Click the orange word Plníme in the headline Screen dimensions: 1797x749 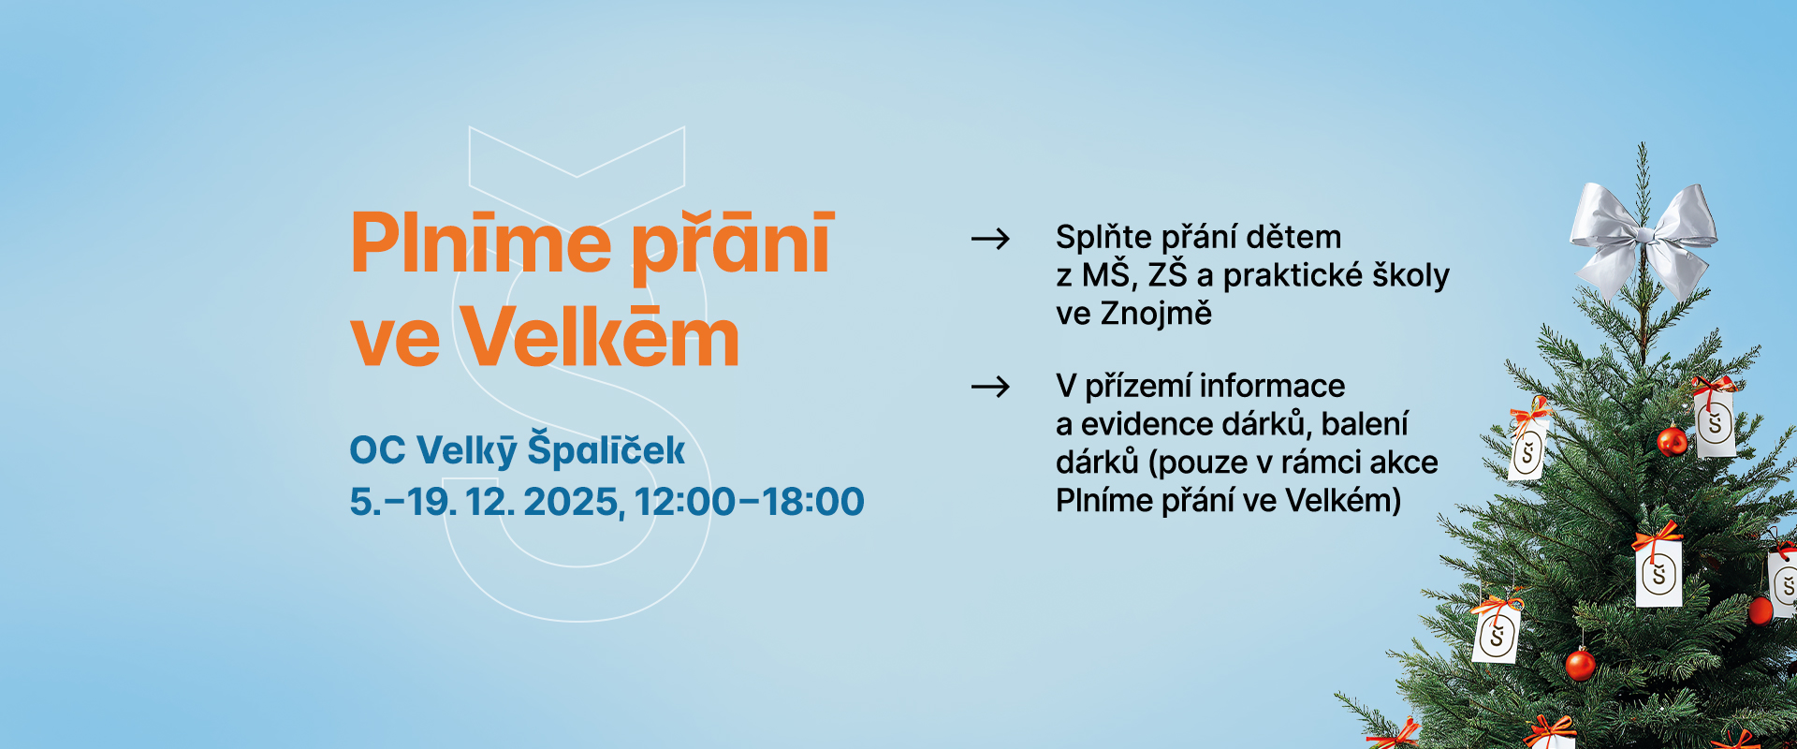click(x=481, y=243)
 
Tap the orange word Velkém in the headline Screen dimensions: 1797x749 click(x=601, y=337)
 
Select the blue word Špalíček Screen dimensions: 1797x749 click(x=606, y=449)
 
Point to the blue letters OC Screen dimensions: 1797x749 click(x=377, y=450)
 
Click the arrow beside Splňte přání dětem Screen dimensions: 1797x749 click(x=990, y=240)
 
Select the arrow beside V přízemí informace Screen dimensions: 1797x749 click(x=990, y=387)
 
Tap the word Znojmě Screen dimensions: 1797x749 click(x=1156, y=314)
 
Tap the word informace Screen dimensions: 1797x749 click(x=1273, y=386)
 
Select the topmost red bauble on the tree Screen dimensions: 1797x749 click(x=1672, y=440)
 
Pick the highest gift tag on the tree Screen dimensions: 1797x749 click(x=1714, y=418)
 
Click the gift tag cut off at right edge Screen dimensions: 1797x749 click(x=1783, y=582)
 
